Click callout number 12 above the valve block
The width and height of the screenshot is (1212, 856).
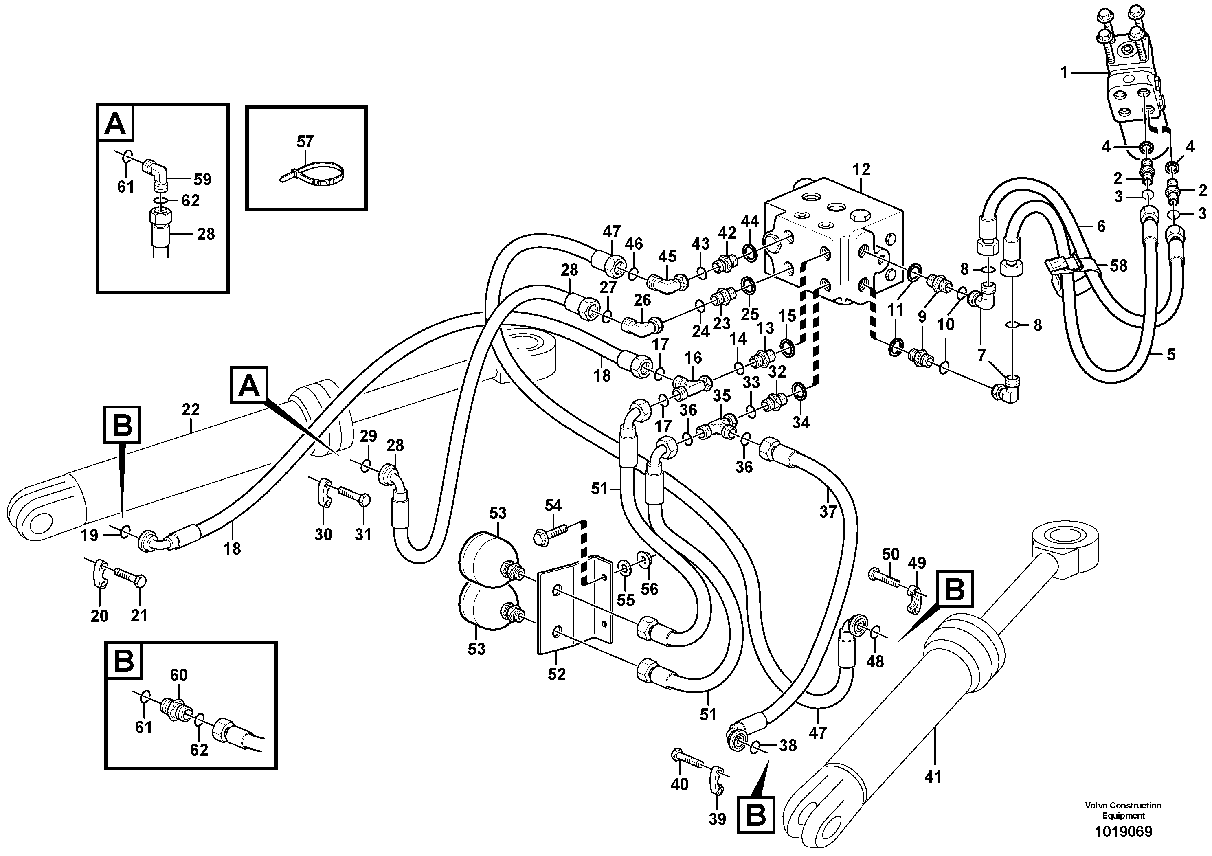[x=861, y=169]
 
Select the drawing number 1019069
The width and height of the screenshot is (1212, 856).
[x=1123, y=832]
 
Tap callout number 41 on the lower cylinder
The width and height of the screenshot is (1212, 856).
[x=933, y=777]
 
